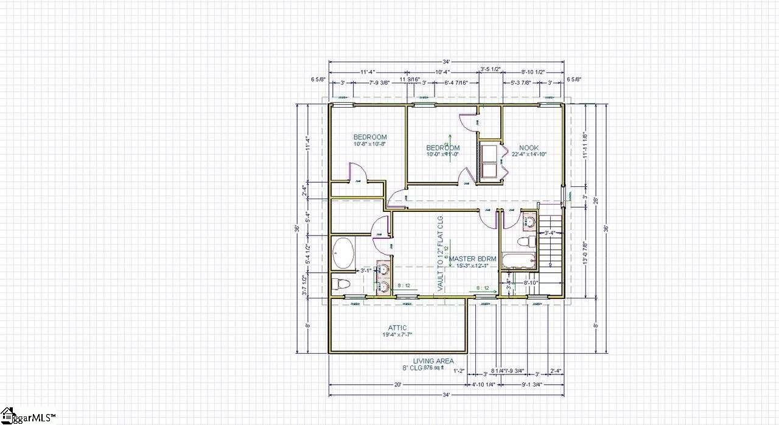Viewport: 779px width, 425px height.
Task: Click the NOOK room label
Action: coord(528,148)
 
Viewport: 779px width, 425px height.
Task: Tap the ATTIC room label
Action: coord(397,328)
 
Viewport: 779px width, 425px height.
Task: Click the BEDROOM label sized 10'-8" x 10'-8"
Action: coord(370,137)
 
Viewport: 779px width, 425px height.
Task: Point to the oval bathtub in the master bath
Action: coord(344,253)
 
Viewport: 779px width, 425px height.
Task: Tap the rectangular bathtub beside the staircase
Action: coord(519,261)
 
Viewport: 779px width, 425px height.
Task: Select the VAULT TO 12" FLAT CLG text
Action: coord(441,253)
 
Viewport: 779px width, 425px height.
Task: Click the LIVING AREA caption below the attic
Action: coord(433,361)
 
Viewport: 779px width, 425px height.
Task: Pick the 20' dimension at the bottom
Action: coord(397,385)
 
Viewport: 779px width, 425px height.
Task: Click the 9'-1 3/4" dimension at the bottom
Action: coord(531,385)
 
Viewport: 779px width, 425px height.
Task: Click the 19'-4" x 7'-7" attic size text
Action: coord(397,335)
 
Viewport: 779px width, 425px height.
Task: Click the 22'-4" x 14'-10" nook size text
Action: coord(528,155)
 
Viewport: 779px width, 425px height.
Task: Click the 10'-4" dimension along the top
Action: coord(442,72)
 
